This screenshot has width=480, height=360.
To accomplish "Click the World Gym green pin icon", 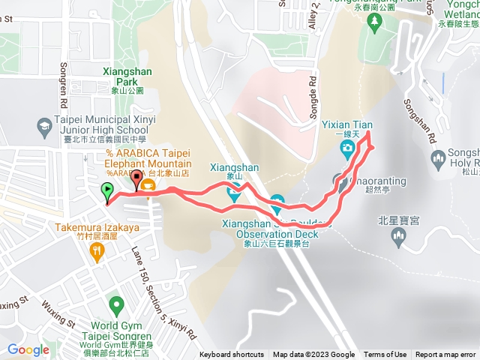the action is (115, 304).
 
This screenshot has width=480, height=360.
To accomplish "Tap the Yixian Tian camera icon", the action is (348, 148).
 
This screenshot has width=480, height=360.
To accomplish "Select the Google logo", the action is (28, 349).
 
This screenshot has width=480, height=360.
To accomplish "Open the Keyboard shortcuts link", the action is (232, 355).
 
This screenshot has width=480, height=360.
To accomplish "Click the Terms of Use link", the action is (385, 355).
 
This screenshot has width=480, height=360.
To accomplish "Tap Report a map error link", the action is (445, 355).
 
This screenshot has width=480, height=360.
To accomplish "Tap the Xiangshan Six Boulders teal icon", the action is (277, 202).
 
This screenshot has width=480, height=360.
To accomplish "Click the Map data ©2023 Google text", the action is (313, 355).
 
